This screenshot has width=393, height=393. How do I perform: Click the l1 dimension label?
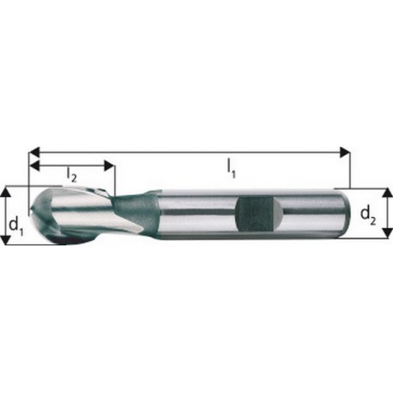coord(231,169)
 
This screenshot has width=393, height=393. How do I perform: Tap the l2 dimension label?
coord(71,174)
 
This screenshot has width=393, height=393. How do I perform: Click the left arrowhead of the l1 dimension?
coord(34,152)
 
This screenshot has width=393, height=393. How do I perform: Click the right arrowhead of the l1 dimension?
coord(344,152)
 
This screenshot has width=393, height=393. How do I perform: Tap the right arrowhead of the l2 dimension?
coord(109,166)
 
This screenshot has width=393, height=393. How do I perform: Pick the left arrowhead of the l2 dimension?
coord(34,166)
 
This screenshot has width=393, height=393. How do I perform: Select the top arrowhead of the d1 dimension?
coord(6,193)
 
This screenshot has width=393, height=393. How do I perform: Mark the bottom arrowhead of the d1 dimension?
coord(6,239)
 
